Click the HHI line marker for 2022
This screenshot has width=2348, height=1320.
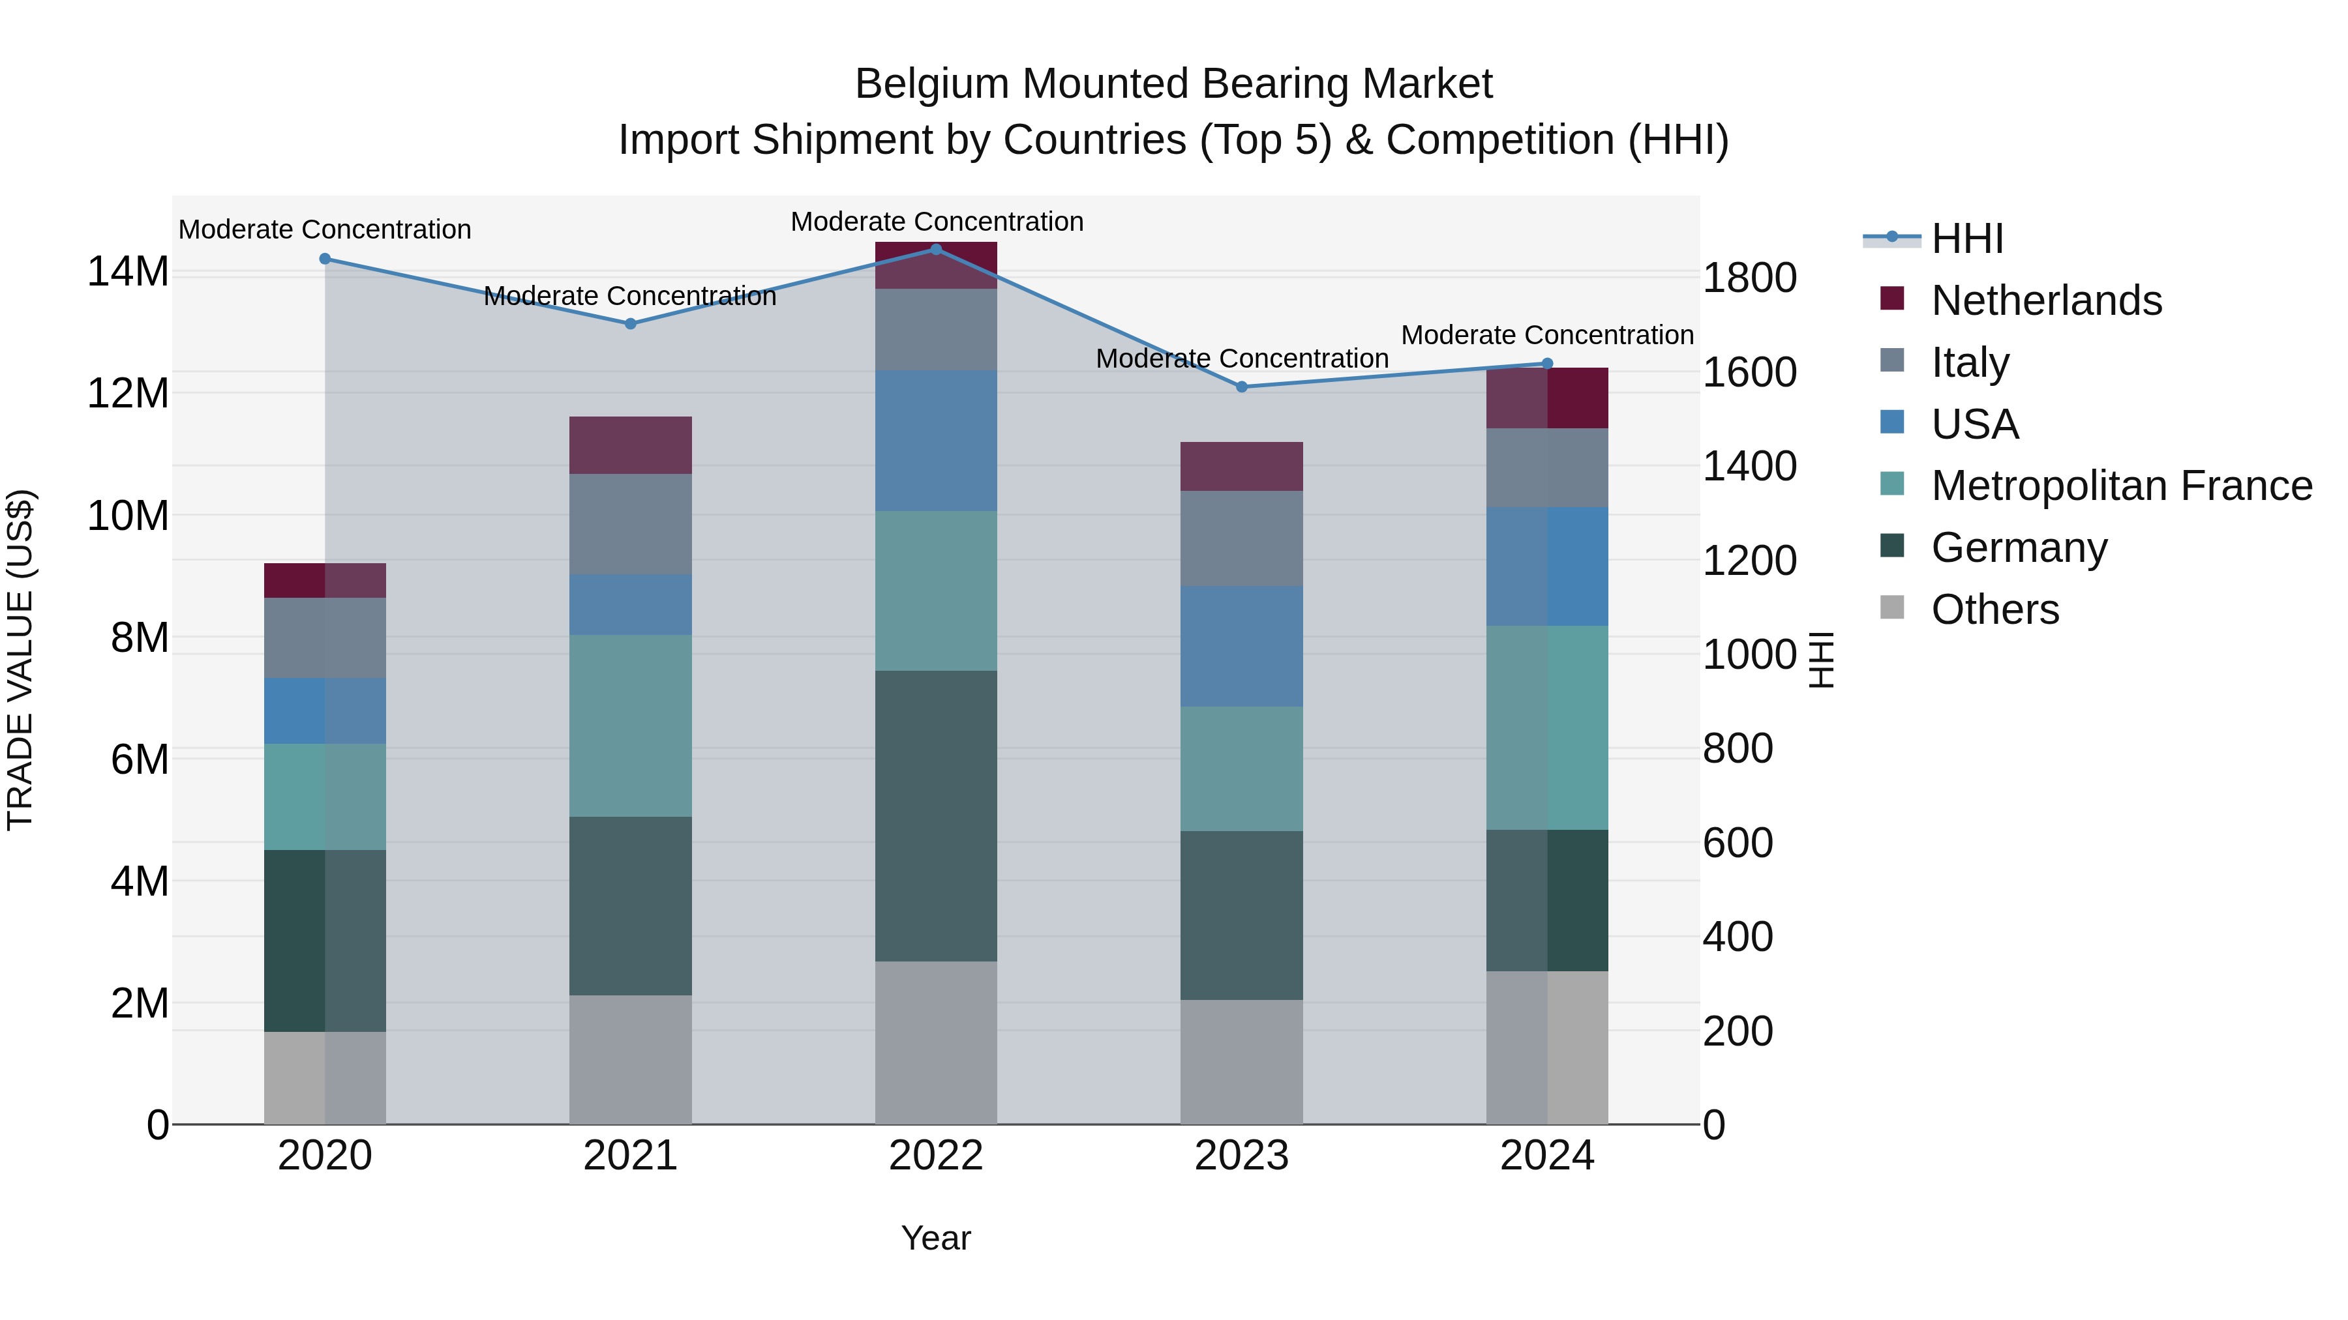tap(935, 249)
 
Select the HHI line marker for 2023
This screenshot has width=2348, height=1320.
tap(1241, 387)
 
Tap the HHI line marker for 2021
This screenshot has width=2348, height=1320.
tap(630, 323)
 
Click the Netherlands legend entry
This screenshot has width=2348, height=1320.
tap(2045, 301)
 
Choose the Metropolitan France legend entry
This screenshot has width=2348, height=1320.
tap(2121, 486)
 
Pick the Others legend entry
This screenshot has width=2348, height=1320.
tap(1994, 609)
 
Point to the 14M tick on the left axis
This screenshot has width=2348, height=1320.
tap(128, 271)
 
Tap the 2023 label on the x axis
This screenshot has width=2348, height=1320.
tap(1241, 1156)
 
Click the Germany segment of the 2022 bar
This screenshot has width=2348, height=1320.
tap(935, 815)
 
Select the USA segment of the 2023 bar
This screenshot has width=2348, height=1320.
tap(1241, 646)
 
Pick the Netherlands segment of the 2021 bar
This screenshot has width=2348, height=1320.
tap(630, 445)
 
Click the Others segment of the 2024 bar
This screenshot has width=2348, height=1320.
tap(1547, 1047)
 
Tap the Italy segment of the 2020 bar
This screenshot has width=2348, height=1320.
tap(325, 638)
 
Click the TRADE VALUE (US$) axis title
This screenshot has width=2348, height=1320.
tap(20, 660)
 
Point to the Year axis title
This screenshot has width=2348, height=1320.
tap(935, 1238)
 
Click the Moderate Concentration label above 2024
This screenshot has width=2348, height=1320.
tap(1547, 335)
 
